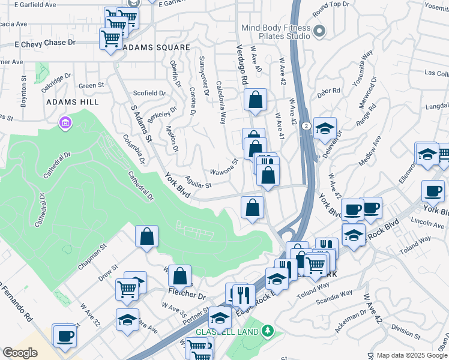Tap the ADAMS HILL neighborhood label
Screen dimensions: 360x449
click(x=73, y=103)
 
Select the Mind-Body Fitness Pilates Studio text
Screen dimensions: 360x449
click(x=276, y=32)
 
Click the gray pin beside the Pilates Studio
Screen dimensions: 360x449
click(x=319, y=31)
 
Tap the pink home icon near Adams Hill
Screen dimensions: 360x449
click(x=65, y=124)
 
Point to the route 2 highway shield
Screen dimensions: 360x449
click(x=306, y=125)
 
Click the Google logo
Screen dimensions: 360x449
click(x=20, y=353)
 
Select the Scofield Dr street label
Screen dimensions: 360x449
click(x=149, y=93)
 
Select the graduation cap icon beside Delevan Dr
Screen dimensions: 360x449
click(x=325, y=128)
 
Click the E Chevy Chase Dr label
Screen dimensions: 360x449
click(x=45, y=43)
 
